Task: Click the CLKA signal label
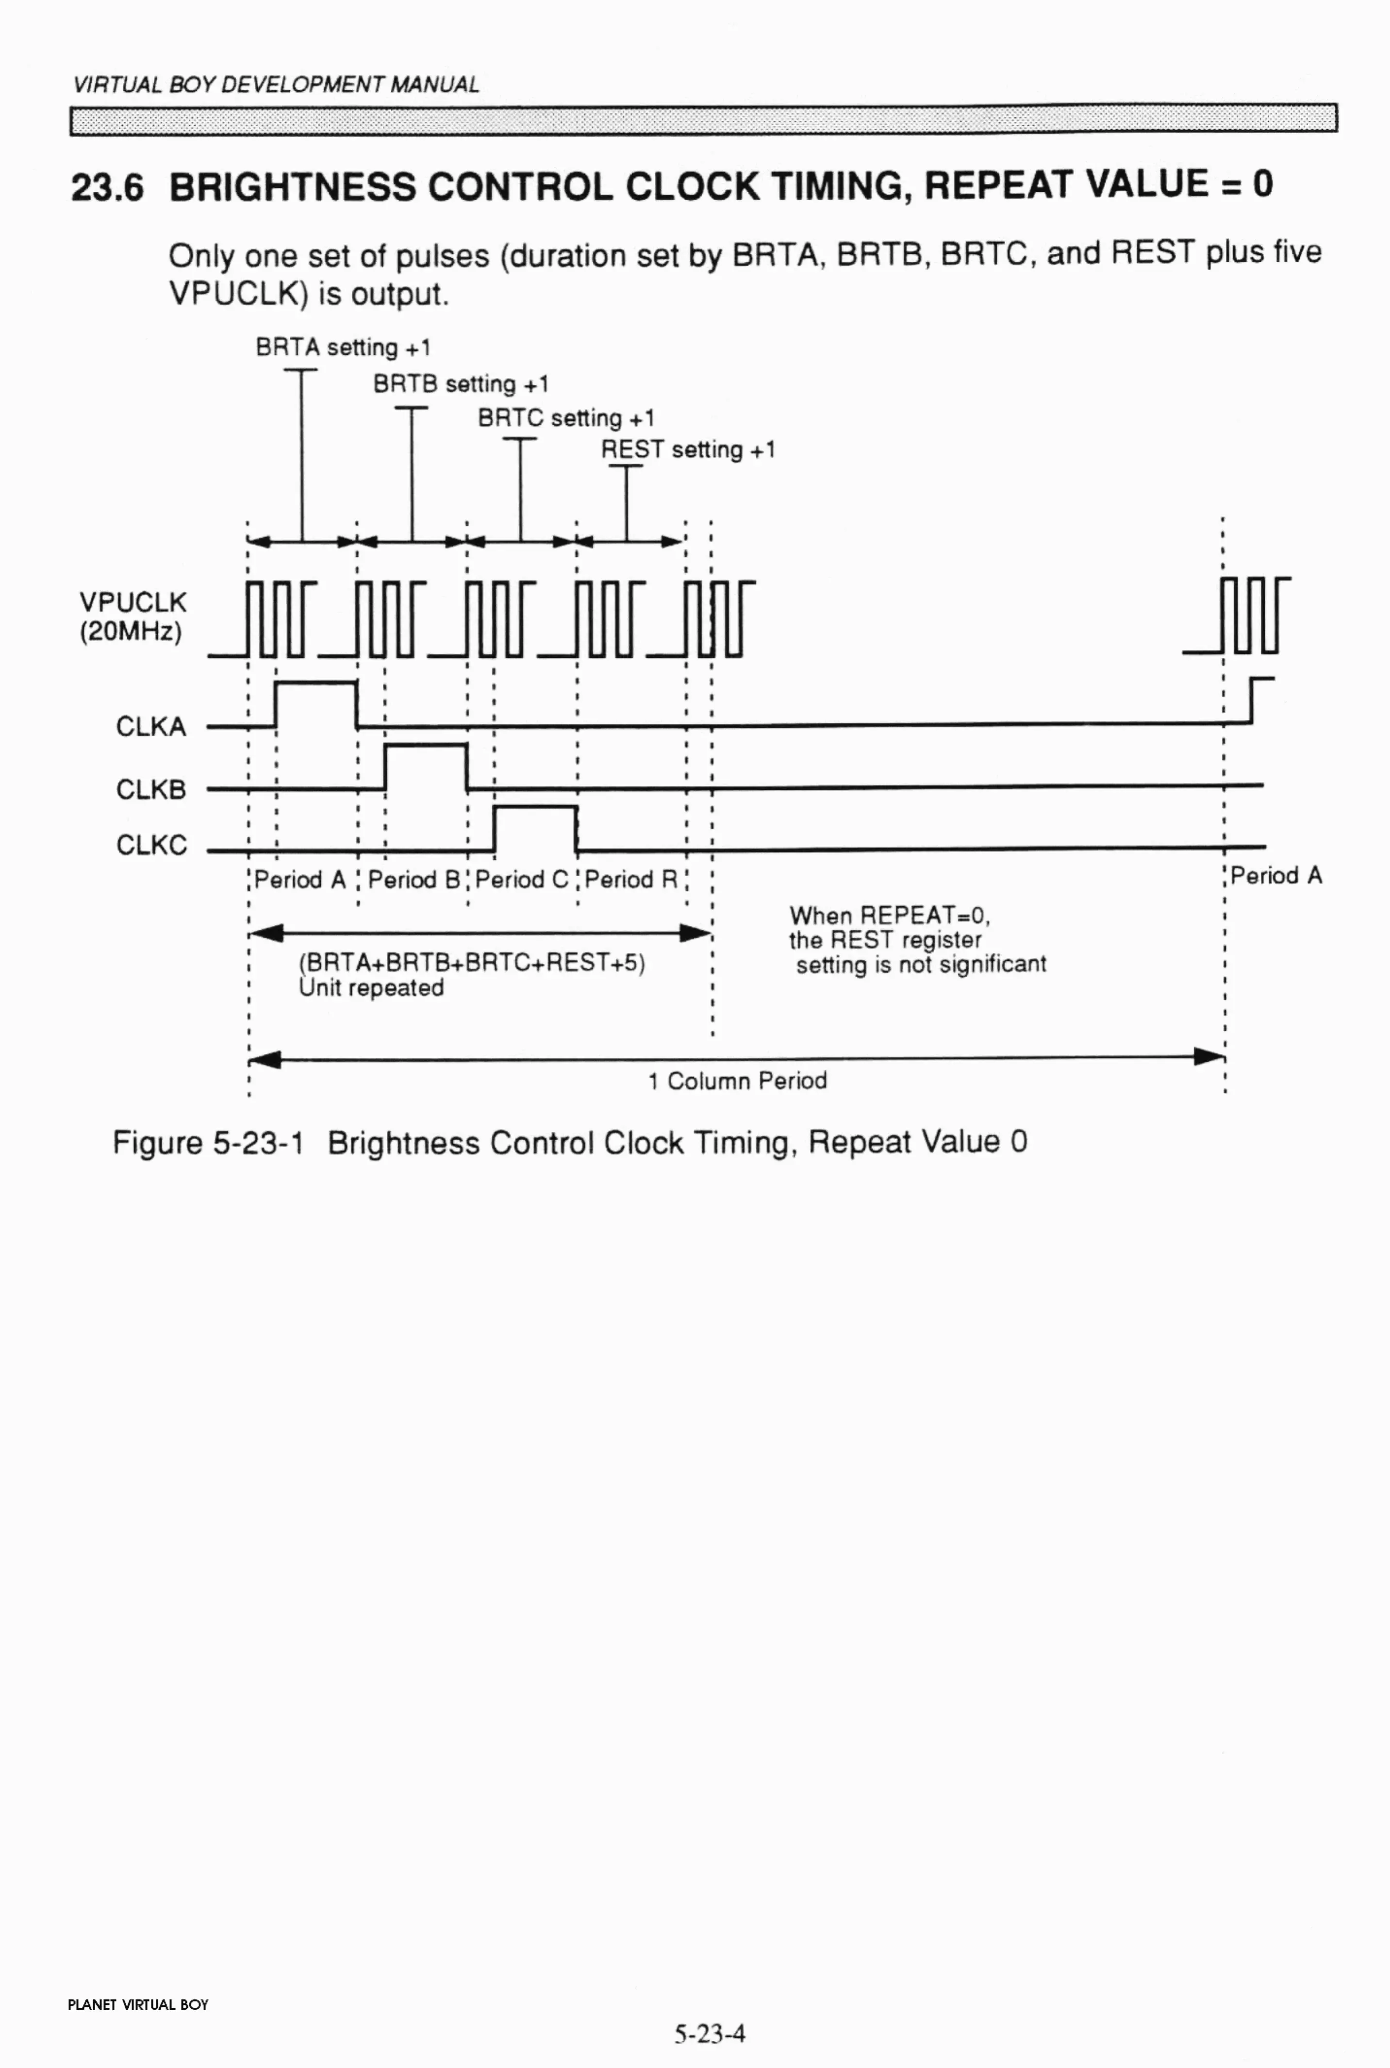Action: pos(151,727)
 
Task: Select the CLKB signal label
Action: pos(151,789)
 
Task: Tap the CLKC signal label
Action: pos(151,845)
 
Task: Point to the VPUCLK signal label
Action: pos(133,603)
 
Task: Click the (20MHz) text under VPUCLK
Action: pos(131,632)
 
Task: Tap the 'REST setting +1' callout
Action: pos(688,450)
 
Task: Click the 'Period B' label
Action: pos(413,880)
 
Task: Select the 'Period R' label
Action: pos(631,880)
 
